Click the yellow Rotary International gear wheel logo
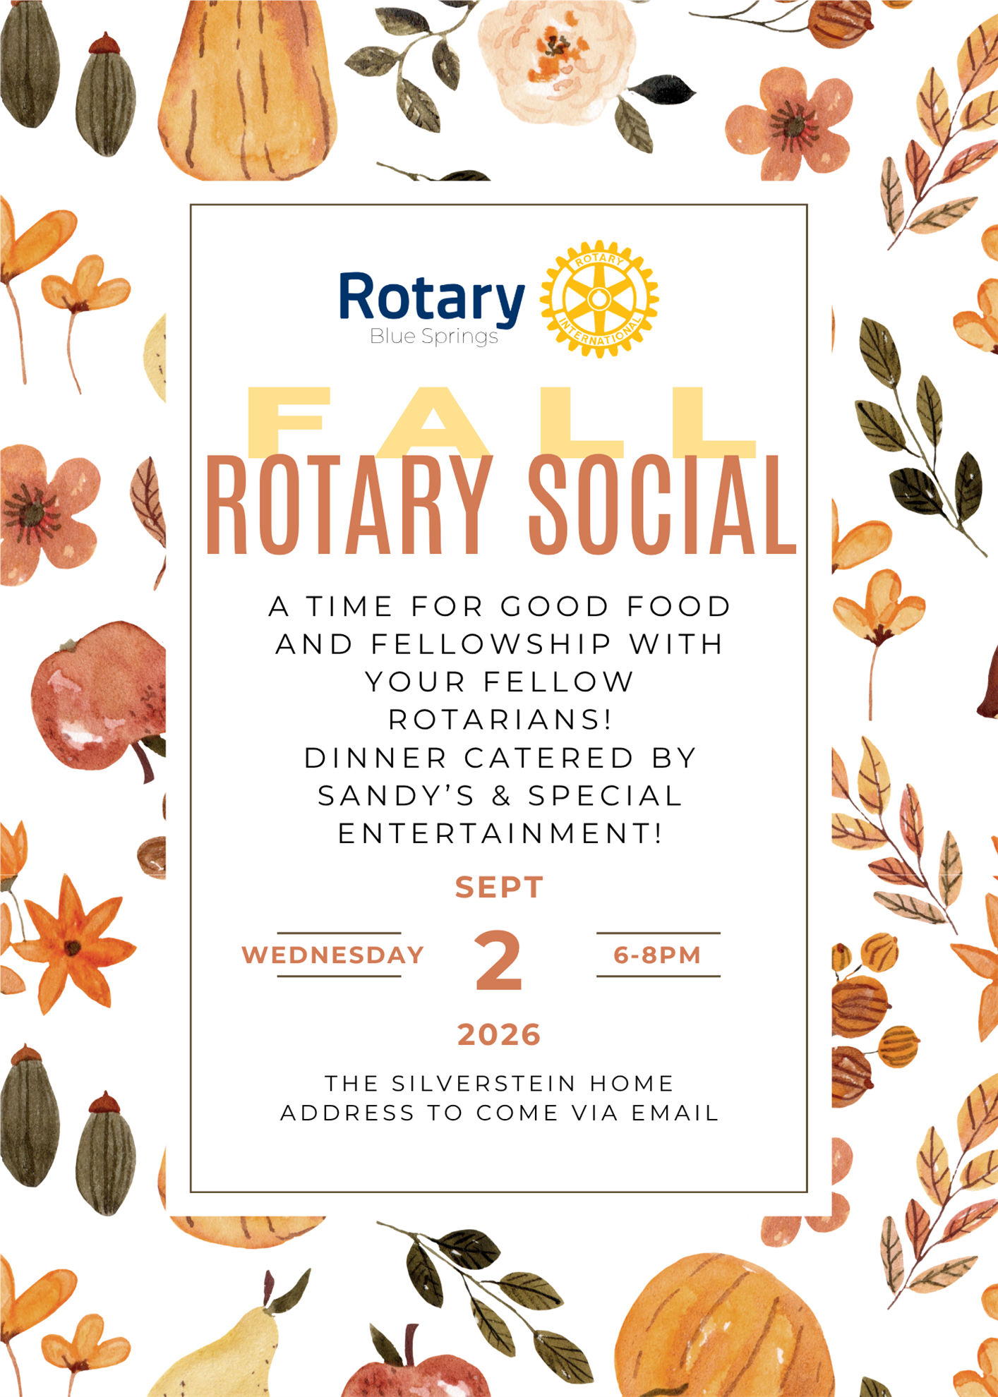coord(599,299)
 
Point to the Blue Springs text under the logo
coord(434,337)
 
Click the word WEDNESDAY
coord(332,955)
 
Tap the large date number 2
coord(498,960)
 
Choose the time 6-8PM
coord(657,955)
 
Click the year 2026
coord(499,1035)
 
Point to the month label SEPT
coord(499,888)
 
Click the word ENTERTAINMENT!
coord(500,834)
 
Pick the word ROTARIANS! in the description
coord(500,720)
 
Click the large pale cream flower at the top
coord(557,60)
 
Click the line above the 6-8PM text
coord(658,933)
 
